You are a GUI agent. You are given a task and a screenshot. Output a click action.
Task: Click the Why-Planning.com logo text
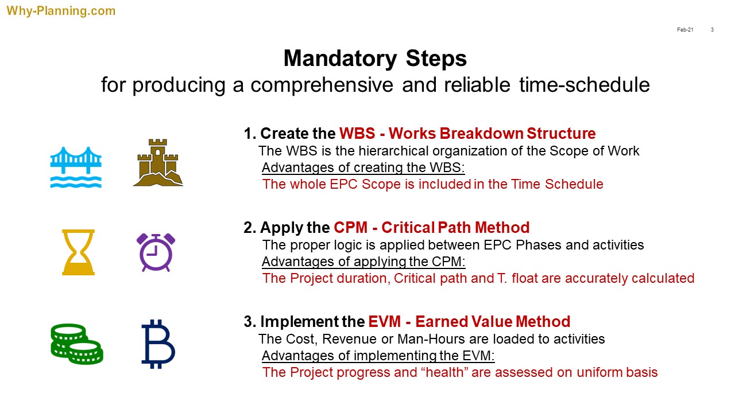[x=61, y=11]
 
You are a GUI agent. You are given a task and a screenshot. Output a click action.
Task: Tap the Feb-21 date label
[x=685, y=30]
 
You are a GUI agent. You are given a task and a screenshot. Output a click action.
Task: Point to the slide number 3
[x=712, y=30]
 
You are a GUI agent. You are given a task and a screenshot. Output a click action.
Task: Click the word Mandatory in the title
[x=341, y=59]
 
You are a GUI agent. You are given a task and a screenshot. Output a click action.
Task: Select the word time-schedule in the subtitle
[x=585, y=85]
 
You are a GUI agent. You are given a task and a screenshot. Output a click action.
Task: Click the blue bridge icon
[x=76, y=167]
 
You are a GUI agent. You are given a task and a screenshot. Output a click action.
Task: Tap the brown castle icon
[x=158, y=162]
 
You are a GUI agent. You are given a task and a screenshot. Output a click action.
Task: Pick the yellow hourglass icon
[x=79, y=252]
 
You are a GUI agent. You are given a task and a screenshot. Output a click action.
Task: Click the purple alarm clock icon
[x=156, y=252]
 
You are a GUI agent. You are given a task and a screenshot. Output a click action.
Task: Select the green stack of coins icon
[x=77, y=344]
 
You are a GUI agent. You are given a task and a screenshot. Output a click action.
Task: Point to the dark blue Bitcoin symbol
[x=158, y=344]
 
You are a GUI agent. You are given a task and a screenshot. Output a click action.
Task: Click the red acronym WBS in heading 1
[x=357, y=134]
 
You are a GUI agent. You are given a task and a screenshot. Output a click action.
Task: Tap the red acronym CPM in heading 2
[x=351, y=228]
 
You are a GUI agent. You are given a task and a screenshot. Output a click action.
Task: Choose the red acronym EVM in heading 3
[x=385, y=322]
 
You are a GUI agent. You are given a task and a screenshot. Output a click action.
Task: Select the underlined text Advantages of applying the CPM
[x=363, y=262]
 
